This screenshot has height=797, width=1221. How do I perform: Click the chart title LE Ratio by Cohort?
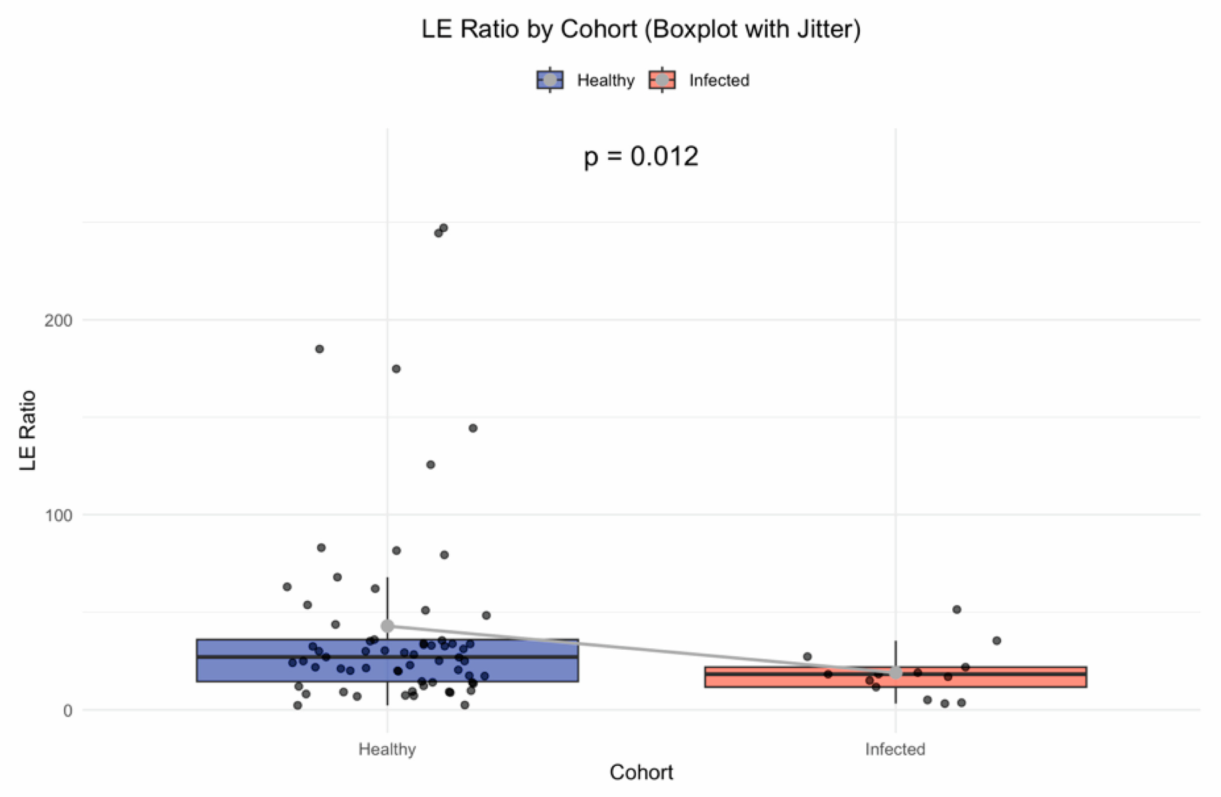(x=640, y=29)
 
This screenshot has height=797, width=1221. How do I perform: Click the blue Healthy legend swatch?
(x=550, y=80)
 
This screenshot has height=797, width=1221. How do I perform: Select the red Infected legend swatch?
(x=662, y=80)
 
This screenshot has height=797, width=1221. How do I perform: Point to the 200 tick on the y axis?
(x=58, y=321)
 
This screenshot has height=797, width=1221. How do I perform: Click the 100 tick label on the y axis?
(x=58, y=515)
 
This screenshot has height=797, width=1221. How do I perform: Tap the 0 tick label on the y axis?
(x=67, y=711)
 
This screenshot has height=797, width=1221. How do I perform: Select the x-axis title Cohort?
(x=641, y=772)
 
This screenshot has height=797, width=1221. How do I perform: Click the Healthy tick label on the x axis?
(x=387, y=749)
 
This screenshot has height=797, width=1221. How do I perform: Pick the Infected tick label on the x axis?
(x=895, y=749)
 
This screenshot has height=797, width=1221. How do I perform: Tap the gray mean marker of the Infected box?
(x=895, y=672)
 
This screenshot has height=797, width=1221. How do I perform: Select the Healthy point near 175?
(x=396, y=369)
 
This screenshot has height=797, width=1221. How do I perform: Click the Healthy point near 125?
(x=431, y=465)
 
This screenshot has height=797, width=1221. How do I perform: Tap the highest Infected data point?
(x=956, y=609)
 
